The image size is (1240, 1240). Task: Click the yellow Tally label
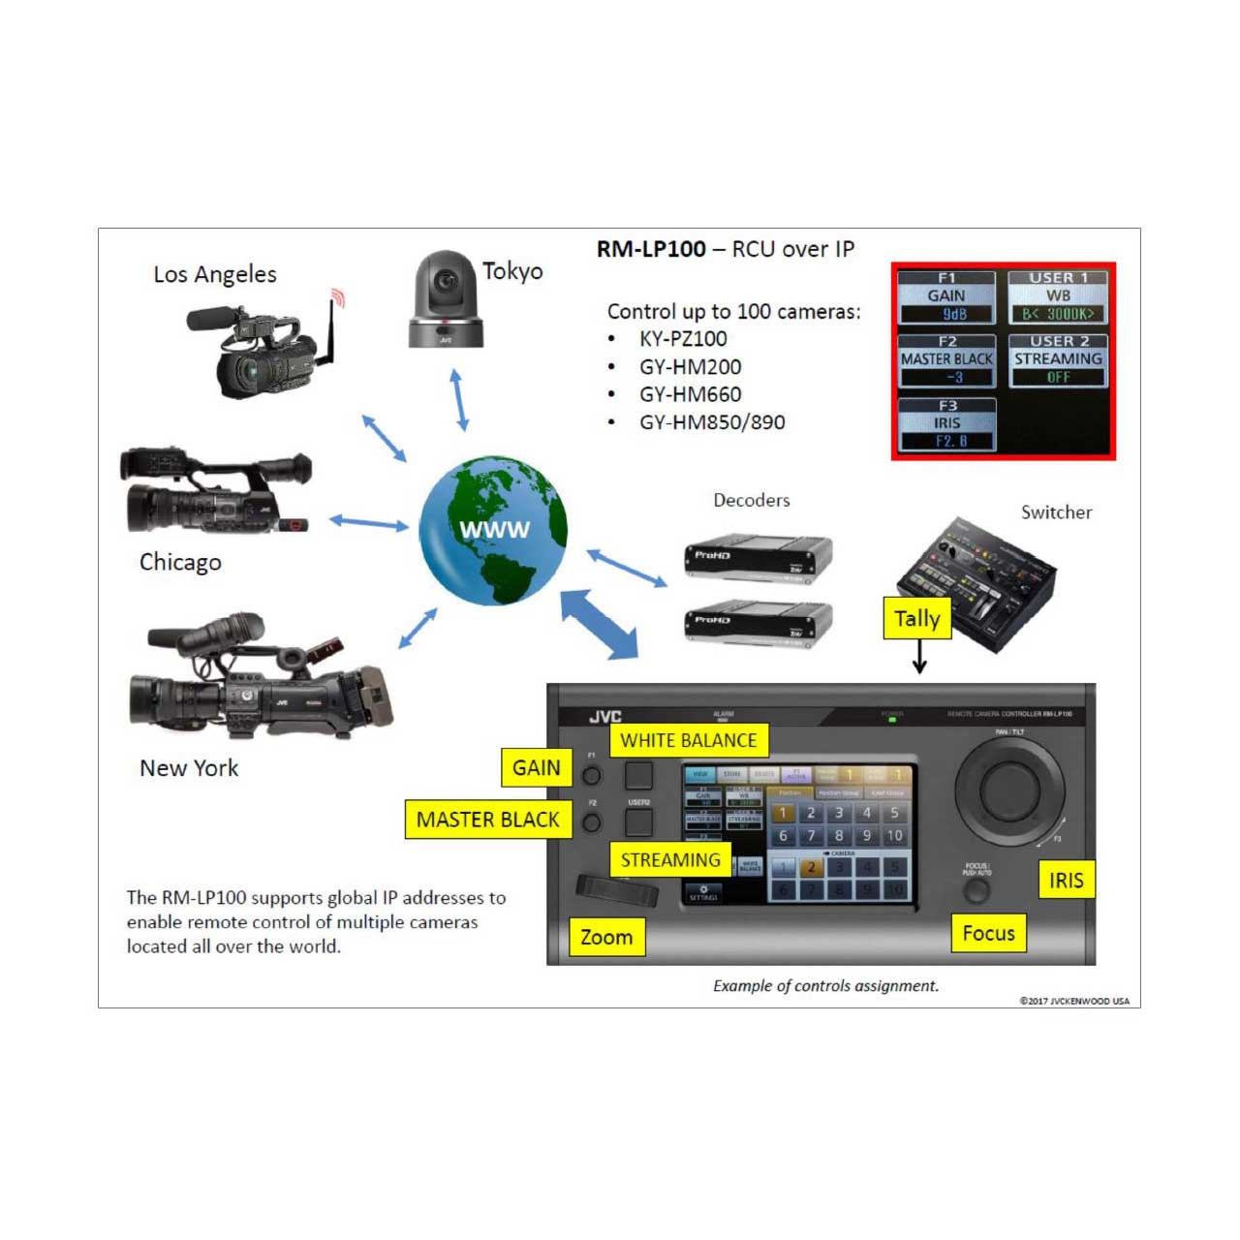916,618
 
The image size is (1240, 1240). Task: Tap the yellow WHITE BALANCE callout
688,740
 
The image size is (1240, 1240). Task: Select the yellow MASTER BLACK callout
487,820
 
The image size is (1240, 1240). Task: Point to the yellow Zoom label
605,937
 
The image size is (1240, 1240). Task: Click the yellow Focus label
988,933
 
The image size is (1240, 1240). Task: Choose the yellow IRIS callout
1066,880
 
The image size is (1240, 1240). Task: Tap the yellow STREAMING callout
670,859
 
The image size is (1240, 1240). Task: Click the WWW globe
493,531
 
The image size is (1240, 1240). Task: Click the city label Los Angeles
215,275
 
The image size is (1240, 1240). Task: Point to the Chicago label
180,562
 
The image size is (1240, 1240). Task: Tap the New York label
189,768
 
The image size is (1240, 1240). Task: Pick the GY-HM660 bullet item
690,394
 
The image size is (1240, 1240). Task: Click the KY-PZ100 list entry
682,339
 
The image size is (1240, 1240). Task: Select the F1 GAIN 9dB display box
946,296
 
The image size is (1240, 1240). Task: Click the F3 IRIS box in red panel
946,424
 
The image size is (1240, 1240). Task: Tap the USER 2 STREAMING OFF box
1058,360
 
